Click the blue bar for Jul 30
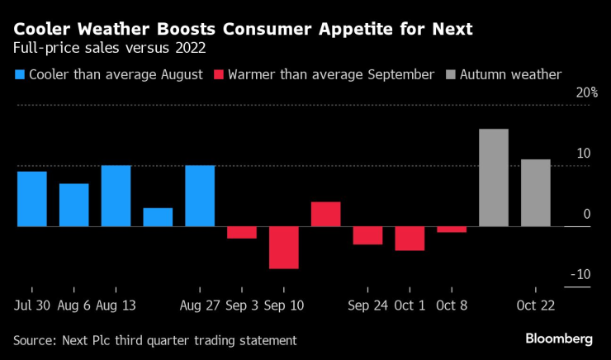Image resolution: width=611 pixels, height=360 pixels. pos(32,198)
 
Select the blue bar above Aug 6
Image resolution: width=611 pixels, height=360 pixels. pos(73,205)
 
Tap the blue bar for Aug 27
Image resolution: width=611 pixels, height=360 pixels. pos(200,196)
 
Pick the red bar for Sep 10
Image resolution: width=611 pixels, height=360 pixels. pos(283,247)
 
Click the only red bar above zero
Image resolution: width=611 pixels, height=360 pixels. pos(325,214)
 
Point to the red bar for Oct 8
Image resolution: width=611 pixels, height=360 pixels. pos(452,229)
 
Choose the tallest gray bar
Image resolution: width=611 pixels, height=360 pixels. pos(494,178)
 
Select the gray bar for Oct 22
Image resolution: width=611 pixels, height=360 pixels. pos(535,192)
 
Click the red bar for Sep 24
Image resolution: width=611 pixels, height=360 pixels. pos(367,235)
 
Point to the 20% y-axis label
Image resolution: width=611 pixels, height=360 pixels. pos(587,92)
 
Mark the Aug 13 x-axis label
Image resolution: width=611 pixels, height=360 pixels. pos(116,305)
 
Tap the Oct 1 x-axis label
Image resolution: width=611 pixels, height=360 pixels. pos(410,305)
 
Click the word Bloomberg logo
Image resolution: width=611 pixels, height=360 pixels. pos(560,339)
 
